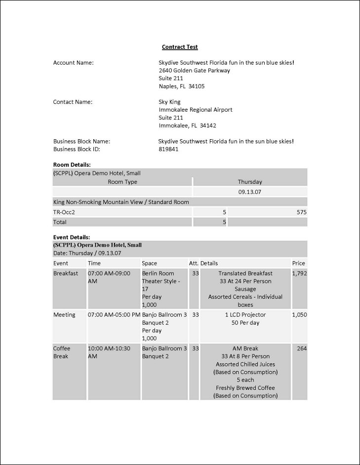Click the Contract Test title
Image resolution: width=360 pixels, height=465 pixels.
180,47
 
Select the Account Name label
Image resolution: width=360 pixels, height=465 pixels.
73,63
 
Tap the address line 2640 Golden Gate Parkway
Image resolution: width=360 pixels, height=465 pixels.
194,71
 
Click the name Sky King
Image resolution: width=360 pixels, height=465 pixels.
169,102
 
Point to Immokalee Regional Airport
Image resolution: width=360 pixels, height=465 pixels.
195,110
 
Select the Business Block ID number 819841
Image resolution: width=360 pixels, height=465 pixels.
168,149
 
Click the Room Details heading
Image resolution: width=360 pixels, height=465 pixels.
72,165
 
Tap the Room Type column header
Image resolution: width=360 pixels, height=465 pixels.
122,182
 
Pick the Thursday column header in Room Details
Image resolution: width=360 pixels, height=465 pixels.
250,182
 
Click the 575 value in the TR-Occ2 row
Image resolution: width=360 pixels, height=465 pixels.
301,212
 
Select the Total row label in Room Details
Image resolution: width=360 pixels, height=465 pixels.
60,223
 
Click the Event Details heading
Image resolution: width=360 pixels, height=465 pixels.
72,237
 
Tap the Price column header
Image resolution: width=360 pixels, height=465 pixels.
298,264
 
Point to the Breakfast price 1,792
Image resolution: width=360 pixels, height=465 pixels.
299,273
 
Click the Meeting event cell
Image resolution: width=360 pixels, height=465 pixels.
64,315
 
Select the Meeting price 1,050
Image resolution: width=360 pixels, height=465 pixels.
299,315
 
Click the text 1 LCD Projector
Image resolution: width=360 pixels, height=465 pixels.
245,315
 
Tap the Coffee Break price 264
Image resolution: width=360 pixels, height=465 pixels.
302,349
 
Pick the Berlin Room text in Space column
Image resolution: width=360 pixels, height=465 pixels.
158,273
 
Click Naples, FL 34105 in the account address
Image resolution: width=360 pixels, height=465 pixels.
181,86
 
